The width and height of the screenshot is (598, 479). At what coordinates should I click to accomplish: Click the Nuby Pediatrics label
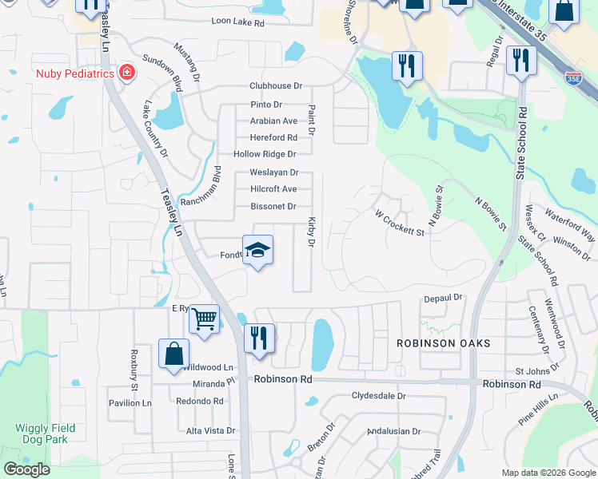[74, 73]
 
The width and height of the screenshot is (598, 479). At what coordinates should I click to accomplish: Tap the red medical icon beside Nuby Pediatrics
[126, 73]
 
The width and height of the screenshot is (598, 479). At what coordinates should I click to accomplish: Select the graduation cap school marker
[257, 251]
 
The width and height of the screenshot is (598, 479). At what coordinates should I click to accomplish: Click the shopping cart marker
[205, 319]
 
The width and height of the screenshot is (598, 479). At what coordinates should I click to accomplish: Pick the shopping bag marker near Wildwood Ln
[174, 354]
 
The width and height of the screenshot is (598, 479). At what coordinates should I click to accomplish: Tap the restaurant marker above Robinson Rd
[258, 338]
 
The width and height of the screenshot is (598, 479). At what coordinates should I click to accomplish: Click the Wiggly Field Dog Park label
[45, 433]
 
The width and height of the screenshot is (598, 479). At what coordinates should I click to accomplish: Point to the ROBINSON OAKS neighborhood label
[443, 342]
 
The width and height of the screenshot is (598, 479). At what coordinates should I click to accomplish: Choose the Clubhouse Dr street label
[276, 85]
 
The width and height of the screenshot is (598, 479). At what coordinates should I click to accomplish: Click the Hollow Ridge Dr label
[265, 154]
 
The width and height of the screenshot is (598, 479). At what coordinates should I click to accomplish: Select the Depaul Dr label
[443, 298]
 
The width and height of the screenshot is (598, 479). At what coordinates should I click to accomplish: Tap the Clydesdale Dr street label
[379, 396]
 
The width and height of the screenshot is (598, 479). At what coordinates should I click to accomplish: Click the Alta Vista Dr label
[210, 430]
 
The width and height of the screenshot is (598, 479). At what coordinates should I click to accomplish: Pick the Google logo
[26, 469]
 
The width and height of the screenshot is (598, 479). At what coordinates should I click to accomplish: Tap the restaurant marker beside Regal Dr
[520, 61]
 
